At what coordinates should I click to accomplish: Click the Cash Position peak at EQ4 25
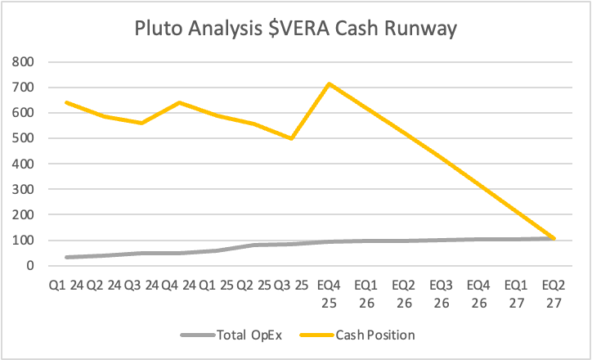tap(329, 83)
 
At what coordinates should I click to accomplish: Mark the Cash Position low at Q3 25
tap(291, 138)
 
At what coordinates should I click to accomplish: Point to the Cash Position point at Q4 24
tap(179, 102)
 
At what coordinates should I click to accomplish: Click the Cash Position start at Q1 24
tap(66, 102)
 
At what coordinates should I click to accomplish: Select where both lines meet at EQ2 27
tap(554, 239)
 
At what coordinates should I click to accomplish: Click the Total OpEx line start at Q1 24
tap(66, 257)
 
